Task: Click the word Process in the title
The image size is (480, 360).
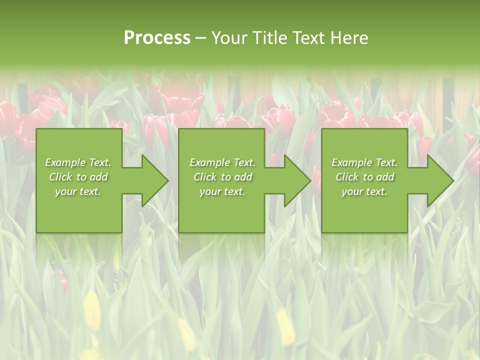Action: point(157,38)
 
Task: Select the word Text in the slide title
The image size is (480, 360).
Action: point(310,38)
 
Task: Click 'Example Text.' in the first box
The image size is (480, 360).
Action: point(78,162)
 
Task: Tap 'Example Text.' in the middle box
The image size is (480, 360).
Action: point(222,162)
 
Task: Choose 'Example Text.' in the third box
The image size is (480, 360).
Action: point(364,162)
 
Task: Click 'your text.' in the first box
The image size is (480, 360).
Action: point(78,191)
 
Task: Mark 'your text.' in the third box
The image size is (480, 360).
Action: point(364,191)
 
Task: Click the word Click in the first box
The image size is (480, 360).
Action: point(60,177)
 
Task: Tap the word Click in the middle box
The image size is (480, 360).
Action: point(205,177)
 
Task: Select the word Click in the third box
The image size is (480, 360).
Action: point(347,177)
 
